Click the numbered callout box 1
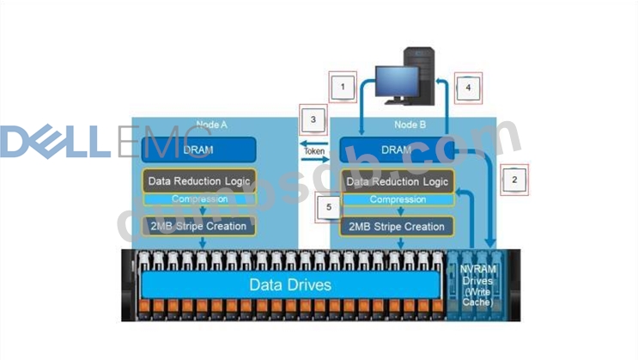pos(343,87)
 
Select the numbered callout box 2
pos(513,180)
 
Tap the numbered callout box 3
pos(313,119)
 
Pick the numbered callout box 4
pos(467,87)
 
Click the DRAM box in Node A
pos(198,149)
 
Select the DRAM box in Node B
pos(396,149)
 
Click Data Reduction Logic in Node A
pos(198,182)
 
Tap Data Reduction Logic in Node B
pos(396,182)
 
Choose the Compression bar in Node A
pos(198,199)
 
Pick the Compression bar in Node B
pos(396,199)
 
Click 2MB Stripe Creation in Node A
pos(198,226)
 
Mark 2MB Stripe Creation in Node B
pos(396,226)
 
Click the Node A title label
pos(210,125)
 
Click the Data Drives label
pos(289,284)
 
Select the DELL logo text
pos(54,142)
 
